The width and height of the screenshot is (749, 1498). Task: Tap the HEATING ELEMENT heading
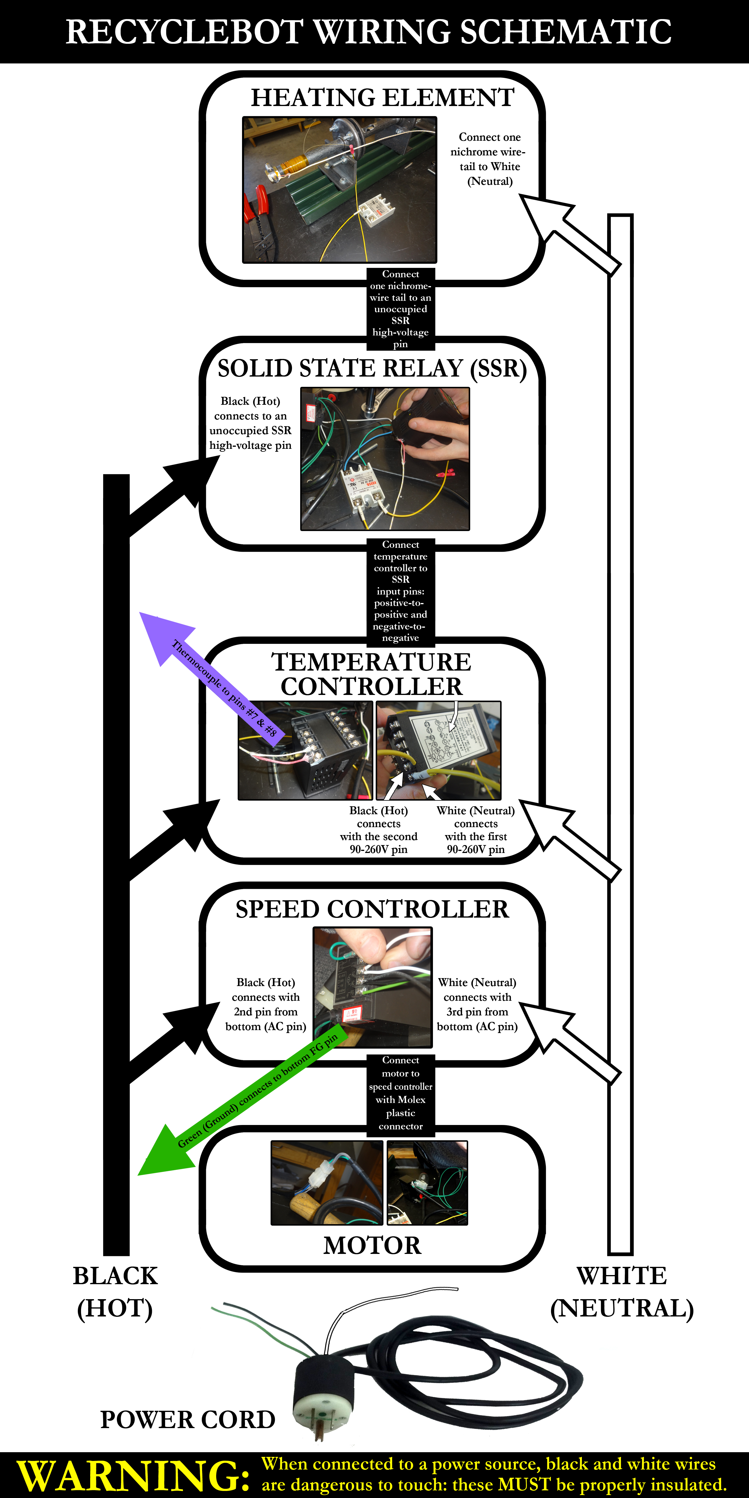click(382, 98)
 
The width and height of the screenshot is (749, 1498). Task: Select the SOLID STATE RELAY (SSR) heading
click(372, 369)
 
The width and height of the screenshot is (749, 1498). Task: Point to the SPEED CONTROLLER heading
click(372, 909)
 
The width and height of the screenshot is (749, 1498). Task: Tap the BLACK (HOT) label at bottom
click(115, 1292)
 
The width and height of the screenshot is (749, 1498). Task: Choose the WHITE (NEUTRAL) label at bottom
click(622, 1292)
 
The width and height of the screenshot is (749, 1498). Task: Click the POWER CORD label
click(187, 1420)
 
